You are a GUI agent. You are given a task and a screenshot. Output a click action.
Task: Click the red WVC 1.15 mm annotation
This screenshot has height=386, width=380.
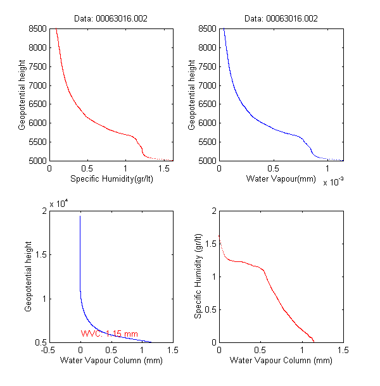point(109,333)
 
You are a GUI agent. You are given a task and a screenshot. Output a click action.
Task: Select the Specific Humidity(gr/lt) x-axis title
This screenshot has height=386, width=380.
point(111,180)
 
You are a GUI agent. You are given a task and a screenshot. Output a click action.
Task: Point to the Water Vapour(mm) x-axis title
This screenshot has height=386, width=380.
point(281,180)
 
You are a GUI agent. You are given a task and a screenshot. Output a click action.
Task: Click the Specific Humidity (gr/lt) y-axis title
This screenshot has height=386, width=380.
point(198,276)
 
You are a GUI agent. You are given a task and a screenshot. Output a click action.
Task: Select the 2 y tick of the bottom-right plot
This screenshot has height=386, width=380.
point(213,211)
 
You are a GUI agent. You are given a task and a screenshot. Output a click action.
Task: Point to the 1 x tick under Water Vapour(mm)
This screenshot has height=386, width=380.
point(327,169)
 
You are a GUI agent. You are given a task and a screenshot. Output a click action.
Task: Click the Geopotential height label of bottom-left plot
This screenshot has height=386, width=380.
point(29,276)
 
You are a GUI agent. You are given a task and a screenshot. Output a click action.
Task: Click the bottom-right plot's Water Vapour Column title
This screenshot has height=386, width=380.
point(281,361)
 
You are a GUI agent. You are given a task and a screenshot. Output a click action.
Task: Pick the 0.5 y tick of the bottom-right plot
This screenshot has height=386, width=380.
point(210,309)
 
